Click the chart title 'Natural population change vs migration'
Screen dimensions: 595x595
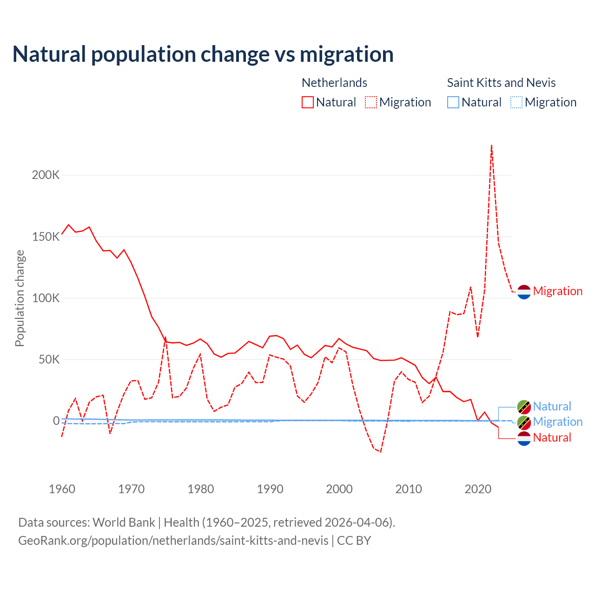pos(203,54)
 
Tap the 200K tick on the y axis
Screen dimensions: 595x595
pos(46,175)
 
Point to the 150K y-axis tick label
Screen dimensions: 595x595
pos(46,237)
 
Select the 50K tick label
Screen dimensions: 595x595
pos(48,359)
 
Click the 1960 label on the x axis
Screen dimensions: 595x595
pos(62,489)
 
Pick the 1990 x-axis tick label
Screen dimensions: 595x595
pos(270,489)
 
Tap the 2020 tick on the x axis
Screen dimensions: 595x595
pos(478,489)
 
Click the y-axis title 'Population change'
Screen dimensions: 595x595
pos(20,298)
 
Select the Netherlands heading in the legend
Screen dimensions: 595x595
pos(334,83)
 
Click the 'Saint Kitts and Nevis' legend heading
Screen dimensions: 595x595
pos(501,83)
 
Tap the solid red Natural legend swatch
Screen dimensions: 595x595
pos(308,102)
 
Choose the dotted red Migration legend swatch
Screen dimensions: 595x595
pos(371,102)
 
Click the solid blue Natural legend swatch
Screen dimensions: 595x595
pos(453,102)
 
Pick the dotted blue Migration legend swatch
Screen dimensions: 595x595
pos(516,102)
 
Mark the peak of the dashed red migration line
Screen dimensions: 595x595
pos(491,145)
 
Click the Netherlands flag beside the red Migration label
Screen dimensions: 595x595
pos(524,291)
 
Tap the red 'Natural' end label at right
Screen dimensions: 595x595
pos(552,437)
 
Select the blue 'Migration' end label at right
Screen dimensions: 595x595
pos(557,422)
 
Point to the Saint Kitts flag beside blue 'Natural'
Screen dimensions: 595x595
pos(524,407)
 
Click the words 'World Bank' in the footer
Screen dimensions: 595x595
pos(124,522)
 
